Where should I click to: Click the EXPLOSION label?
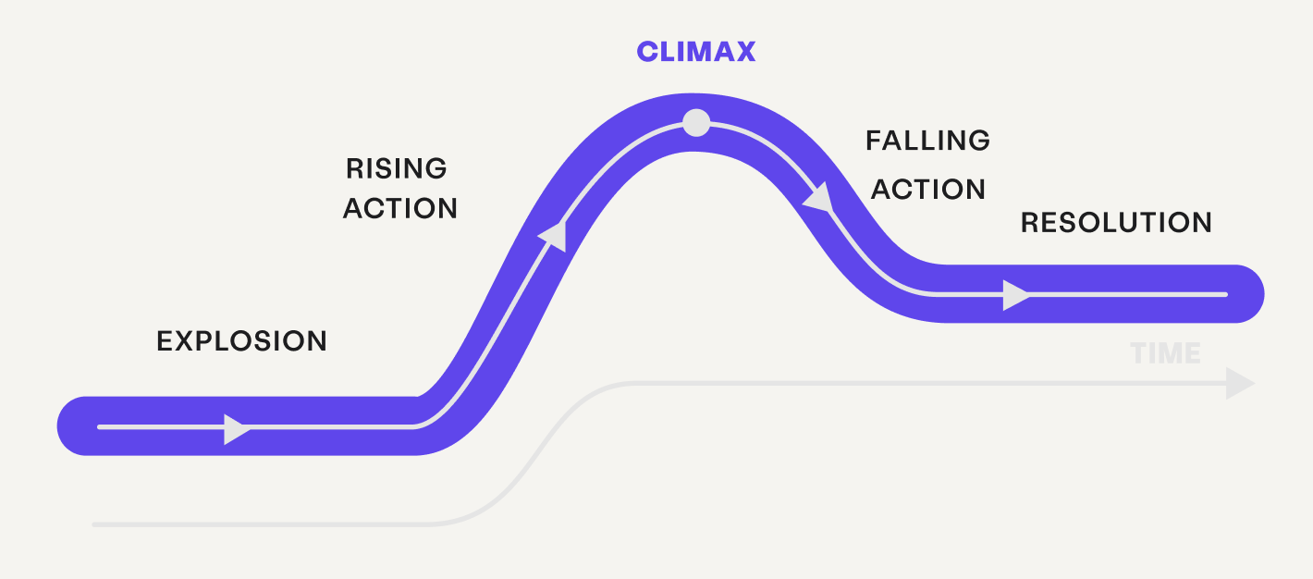(x=241, y=341)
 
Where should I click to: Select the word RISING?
(x=397, y=168)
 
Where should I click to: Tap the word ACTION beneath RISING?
(x=400, y=209)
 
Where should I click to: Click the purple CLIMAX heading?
(x=696, y=52)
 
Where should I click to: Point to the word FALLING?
(x=927, y=141)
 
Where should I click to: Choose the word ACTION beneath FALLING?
(x=928, y=190)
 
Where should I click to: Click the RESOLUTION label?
(x=1116, y=223)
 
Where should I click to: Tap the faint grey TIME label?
(x=1165, y=353)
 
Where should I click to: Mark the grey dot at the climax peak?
(x=696, y=122)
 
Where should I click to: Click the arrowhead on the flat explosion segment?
(x=237, y=428)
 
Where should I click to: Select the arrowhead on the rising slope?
(x=552, y=235)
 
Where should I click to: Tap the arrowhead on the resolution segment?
(x=1015, y=295)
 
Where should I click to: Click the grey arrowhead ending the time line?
(x=1240, y=383)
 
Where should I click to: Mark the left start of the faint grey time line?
(x=95, y=524)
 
